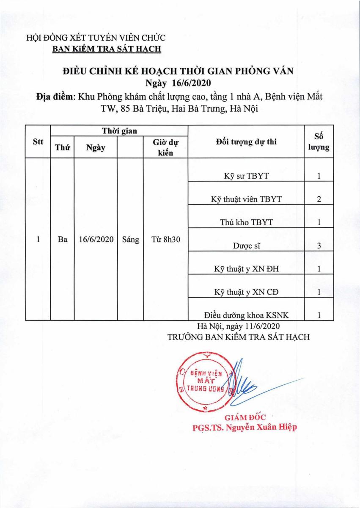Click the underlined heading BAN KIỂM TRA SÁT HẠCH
click(x=107, y=49)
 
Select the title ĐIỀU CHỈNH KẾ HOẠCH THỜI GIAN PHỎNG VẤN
click(x=178, y=71)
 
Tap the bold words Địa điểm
click(x=55, y=97)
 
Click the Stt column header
click(x=38, y=142)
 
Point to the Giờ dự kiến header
click(x=165, y=148)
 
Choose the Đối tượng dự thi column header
click(x=246, y=142)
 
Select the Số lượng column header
click(x=319, y=142)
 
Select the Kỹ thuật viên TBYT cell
click(x=246, y=199)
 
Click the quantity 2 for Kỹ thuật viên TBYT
click(x=319, y=199)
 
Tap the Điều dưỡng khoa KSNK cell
click(x=246, y=315)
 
